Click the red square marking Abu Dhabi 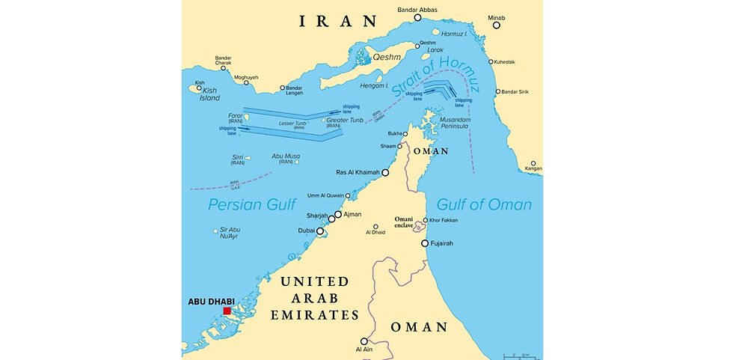[227, 311]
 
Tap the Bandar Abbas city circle [417, 17]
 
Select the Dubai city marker [320, 232]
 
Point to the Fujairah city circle [425, 243]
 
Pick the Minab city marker [496, 25]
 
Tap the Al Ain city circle [364, 341]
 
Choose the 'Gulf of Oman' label [484, 204]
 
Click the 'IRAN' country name [337, 22]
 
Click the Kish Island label [207, 93]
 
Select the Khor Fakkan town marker [426, 221]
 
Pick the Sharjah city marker [331, 219]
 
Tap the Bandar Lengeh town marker [283, 88]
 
